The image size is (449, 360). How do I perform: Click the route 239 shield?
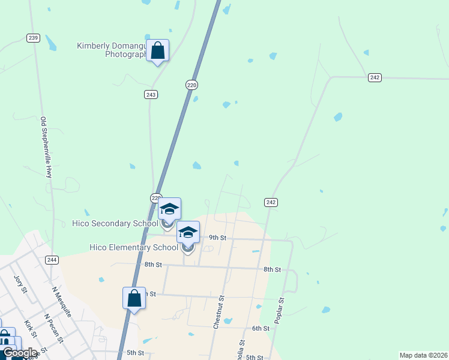[x=33, y=38]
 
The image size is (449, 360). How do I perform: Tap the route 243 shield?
[x=151, y=95]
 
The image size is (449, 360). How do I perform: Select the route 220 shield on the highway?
[x=191, y=85]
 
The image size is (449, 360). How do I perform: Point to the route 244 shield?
[x=52, y=259]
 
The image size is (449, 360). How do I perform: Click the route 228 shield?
[x=155, y=198]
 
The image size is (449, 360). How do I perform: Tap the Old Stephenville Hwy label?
[x=46, y=147]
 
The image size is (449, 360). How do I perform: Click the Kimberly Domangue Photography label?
[x=113, y=50]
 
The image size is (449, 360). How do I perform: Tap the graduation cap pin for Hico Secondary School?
[x=169, y=209]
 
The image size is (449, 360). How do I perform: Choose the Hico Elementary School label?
[x=133, y=247]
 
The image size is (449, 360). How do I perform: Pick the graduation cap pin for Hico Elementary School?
[x=188, y=233]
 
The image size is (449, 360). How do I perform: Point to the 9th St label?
[x=217, y=238]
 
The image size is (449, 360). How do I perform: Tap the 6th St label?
[x=260, y=328]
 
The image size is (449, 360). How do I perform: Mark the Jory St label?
[x=20, y=284]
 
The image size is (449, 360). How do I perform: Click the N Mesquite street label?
[x=61, y=302]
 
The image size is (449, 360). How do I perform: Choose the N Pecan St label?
[x=53, y=326]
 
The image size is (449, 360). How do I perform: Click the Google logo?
[x=20, y=353]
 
